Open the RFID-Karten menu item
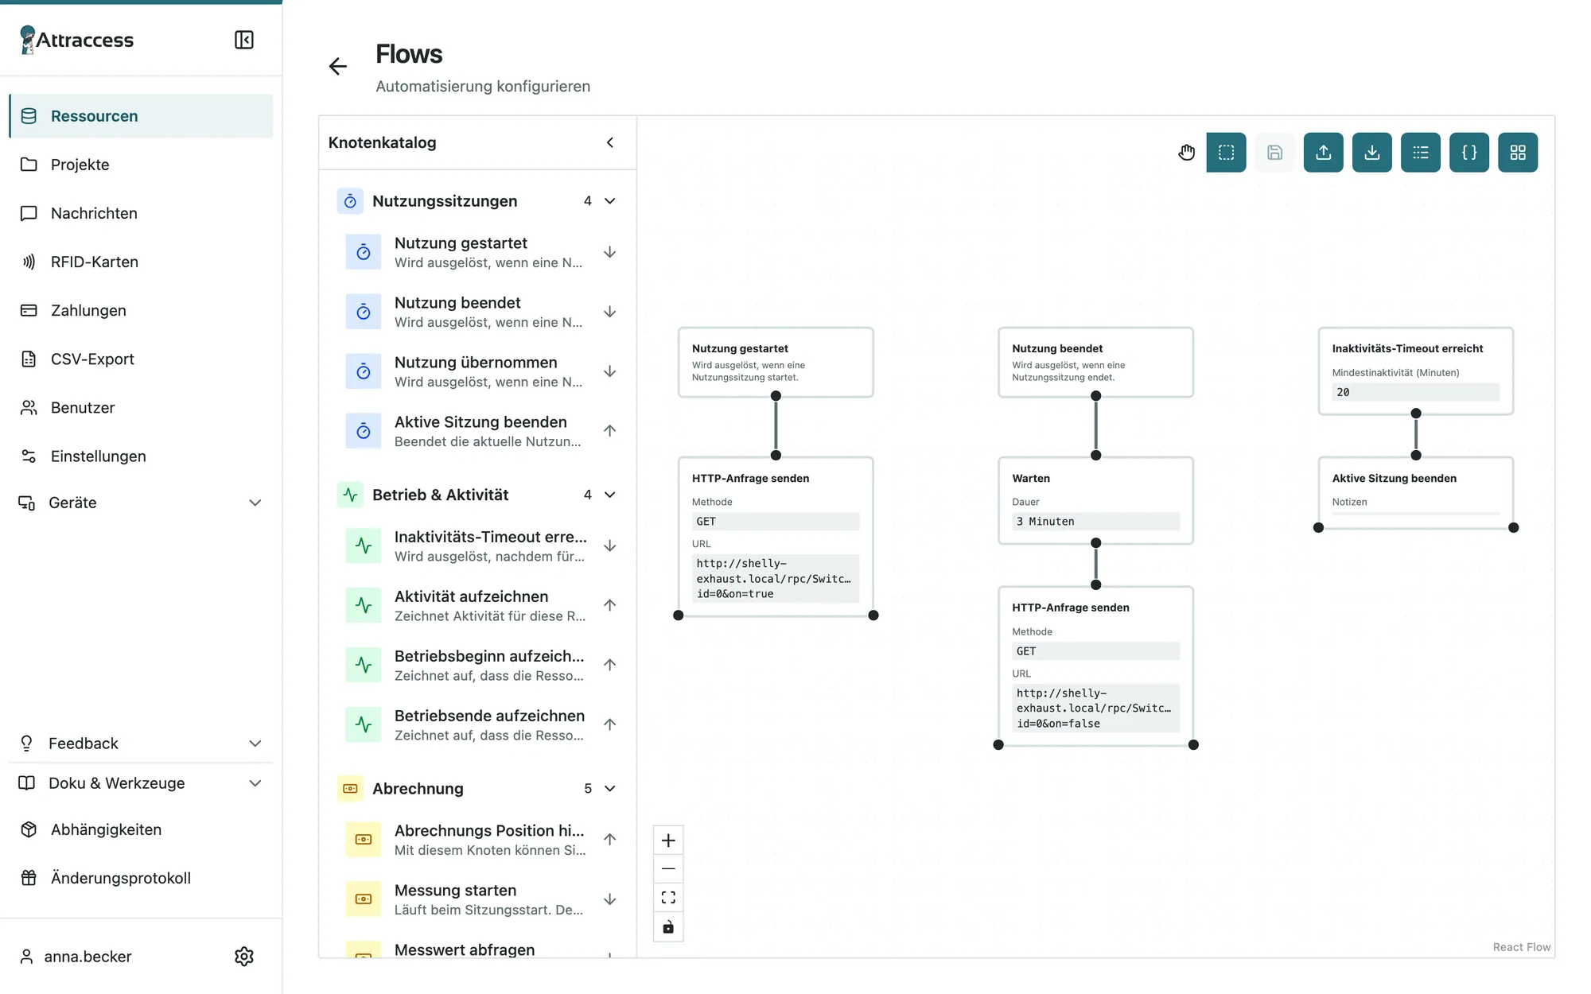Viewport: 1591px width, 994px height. coord(94,262)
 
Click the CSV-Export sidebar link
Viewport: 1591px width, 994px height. coord(92,359)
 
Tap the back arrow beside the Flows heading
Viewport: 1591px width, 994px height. coord(338,66)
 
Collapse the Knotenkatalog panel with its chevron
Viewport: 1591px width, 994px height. coord(610,142)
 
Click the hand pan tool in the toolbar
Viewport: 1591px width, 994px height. coord(1186,152)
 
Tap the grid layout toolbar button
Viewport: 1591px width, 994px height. coord(1518,152)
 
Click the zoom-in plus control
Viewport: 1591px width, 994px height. coord(668,841)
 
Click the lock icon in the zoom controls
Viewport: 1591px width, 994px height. coord(668,927)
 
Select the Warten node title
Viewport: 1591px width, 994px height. coord(1031,478)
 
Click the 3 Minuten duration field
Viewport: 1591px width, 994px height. coord(1095,522)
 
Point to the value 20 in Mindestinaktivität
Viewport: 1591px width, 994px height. coord(1343,392)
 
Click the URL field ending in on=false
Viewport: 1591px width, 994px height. coord(1095,708)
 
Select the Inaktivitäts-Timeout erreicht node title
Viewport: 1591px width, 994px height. coord(1407,348)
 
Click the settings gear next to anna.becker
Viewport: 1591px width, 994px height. coord(244,956)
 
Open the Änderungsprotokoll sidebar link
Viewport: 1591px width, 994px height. coord(121,878)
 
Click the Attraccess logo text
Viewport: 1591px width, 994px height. coord(85,40)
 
